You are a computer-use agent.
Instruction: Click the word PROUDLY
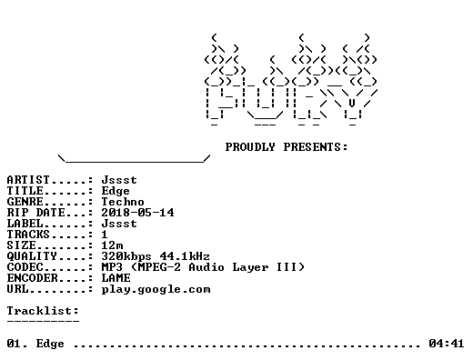(x=250, y=147)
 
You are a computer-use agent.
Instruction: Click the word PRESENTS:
(x=316, y=147)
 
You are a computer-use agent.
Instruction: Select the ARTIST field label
(x=28, y=180)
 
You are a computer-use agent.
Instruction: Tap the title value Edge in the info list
(x=116, y=191)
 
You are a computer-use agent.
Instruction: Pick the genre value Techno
(x=123, y=202)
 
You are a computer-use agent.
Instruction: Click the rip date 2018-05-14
(x=137, y=213)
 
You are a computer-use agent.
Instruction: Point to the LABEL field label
(x=25, y=224)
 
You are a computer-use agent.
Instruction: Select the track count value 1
(x=105, y=235)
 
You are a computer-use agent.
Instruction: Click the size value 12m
(x=112, y=245)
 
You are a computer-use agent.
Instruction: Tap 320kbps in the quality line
(x=126, y=256)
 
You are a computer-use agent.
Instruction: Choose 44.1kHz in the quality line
(x=185, y=256)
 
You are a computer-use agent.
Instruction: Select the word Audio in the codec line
(x=206, y=267)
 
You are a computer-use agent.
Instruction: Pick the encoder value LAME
(x=116, y=278)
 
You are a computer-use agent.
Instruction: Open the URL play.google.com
(x=156, y=290)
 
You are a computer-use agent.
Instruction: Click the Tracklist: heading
(x=43, y=311)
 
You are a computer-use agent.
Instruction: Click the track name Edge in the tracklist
(x=50, y=345)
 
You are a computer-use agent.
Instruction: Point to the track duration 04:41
(x=446, y=344)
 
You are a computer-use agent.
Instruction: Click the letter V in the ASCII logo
(x=352, y=104)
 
